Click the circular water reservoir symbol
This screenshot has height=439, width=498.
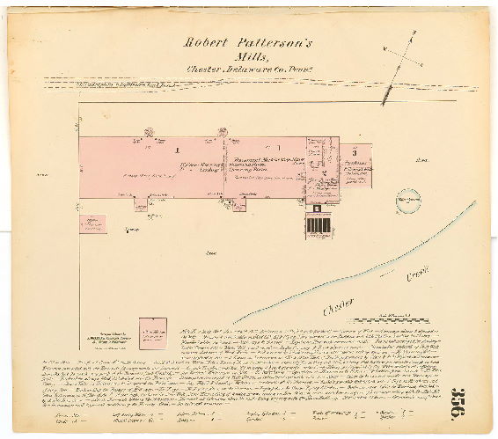406,200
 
